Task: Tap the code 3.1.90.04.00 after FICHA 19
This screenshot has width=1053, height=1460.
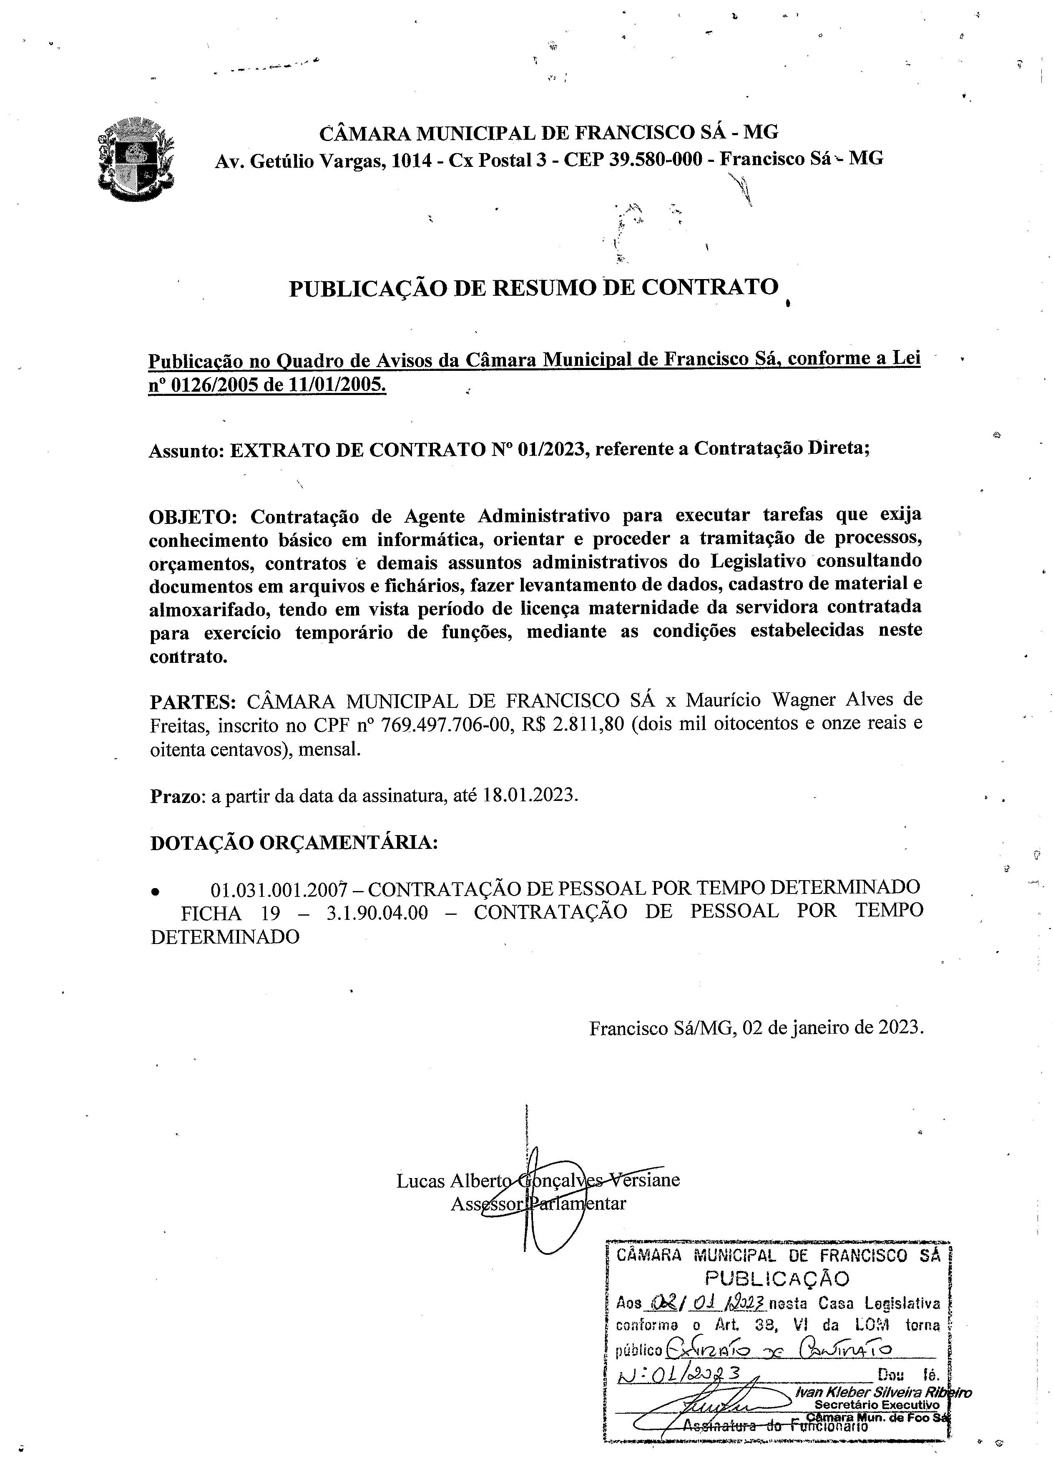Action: pos(377,913)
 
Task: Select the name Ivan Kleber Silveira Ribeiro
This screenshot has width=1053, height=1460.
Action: pos(883,1392)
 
